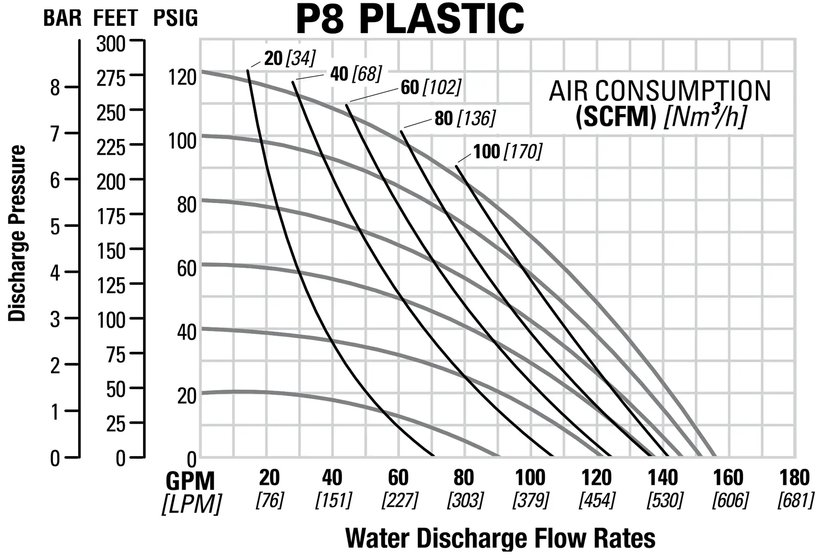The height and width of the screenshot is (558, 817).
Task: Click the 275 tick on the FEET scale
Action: tap(111, 78)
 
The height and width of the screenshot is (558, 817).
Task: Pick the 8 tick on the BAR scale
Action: tap(55, 87)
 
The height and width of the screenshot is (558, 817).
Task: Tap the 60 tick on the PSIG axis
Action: tap(187, 269)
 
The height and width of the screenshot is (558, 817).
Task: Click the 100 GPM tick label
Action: tap(530, 478)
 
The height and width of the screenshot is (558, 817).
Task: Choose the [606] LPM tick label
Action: tap(730, 500)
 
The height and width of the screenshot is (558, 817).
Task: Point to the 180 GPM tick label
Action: tap(794, 478)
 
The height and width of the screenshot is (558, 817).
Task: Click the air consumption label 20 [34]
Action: tap(289, 58)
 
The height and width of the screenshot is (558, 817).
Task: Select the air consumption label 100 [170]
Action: tap(507, 152)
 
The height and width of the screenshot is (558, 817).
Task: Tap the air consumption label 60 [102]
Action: tap(431, 87)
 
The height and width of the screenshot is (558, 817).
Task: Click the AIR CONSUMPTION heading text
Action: tap(660, 91)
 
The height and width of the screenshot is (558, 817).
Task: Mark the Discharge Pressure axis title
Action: tap(17, 233)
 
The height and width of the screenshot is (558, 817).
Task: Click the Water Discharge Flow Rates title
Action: tap(500, 538)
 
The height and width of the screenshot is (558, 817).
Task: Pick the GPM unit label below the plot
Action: tap(190, 481)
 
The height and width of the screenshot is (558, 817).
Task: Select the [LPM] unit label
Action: tap(192, 504)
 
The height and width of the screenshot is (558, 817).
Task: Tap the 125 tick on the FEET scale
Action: tap(111, 285)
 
